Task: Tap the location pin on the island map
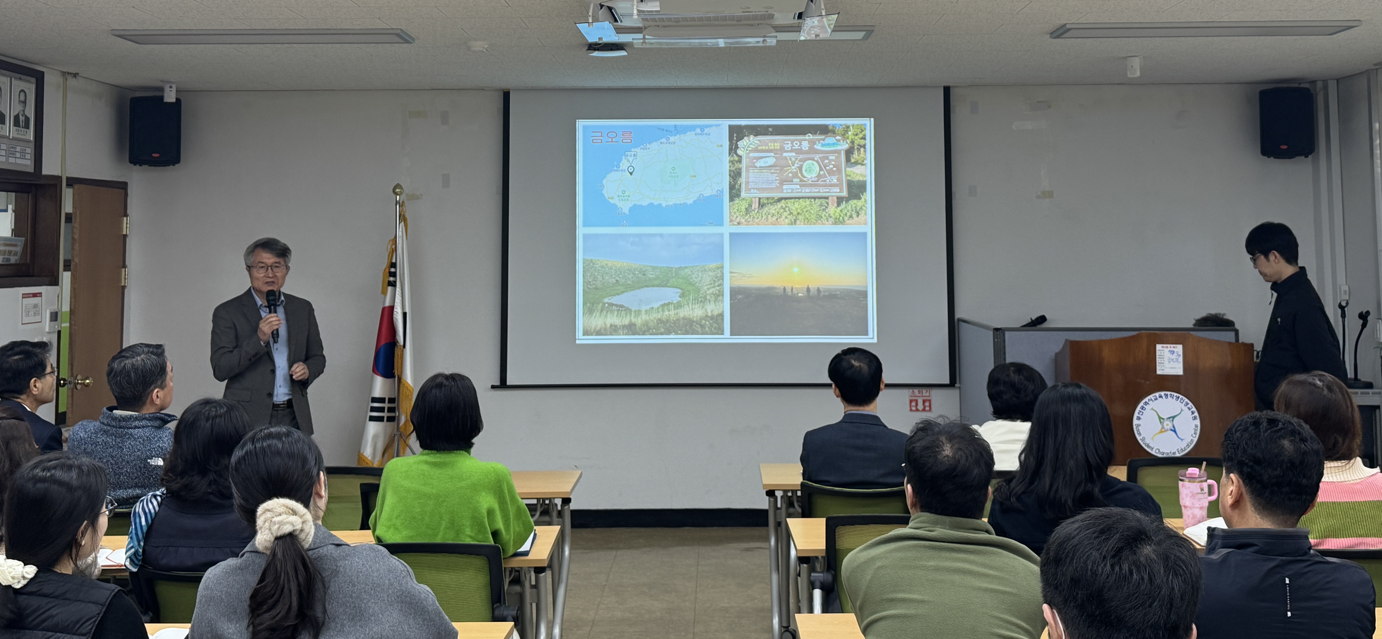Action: tap(631, 170)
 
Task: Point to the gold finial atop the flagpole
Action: tap(398, 189)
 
